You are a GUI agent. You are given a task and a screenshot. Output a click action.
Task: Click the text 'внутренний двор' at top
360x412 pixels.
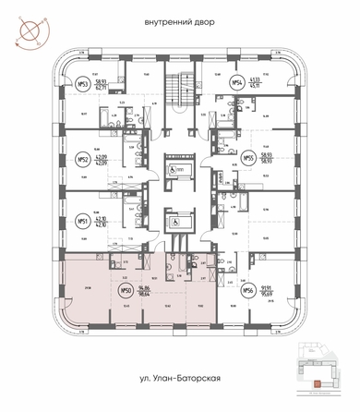(x=181, y=20)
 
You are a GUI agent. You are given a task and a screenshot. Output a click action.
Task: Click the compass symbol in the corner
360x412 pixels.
(x=27, y=26)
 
